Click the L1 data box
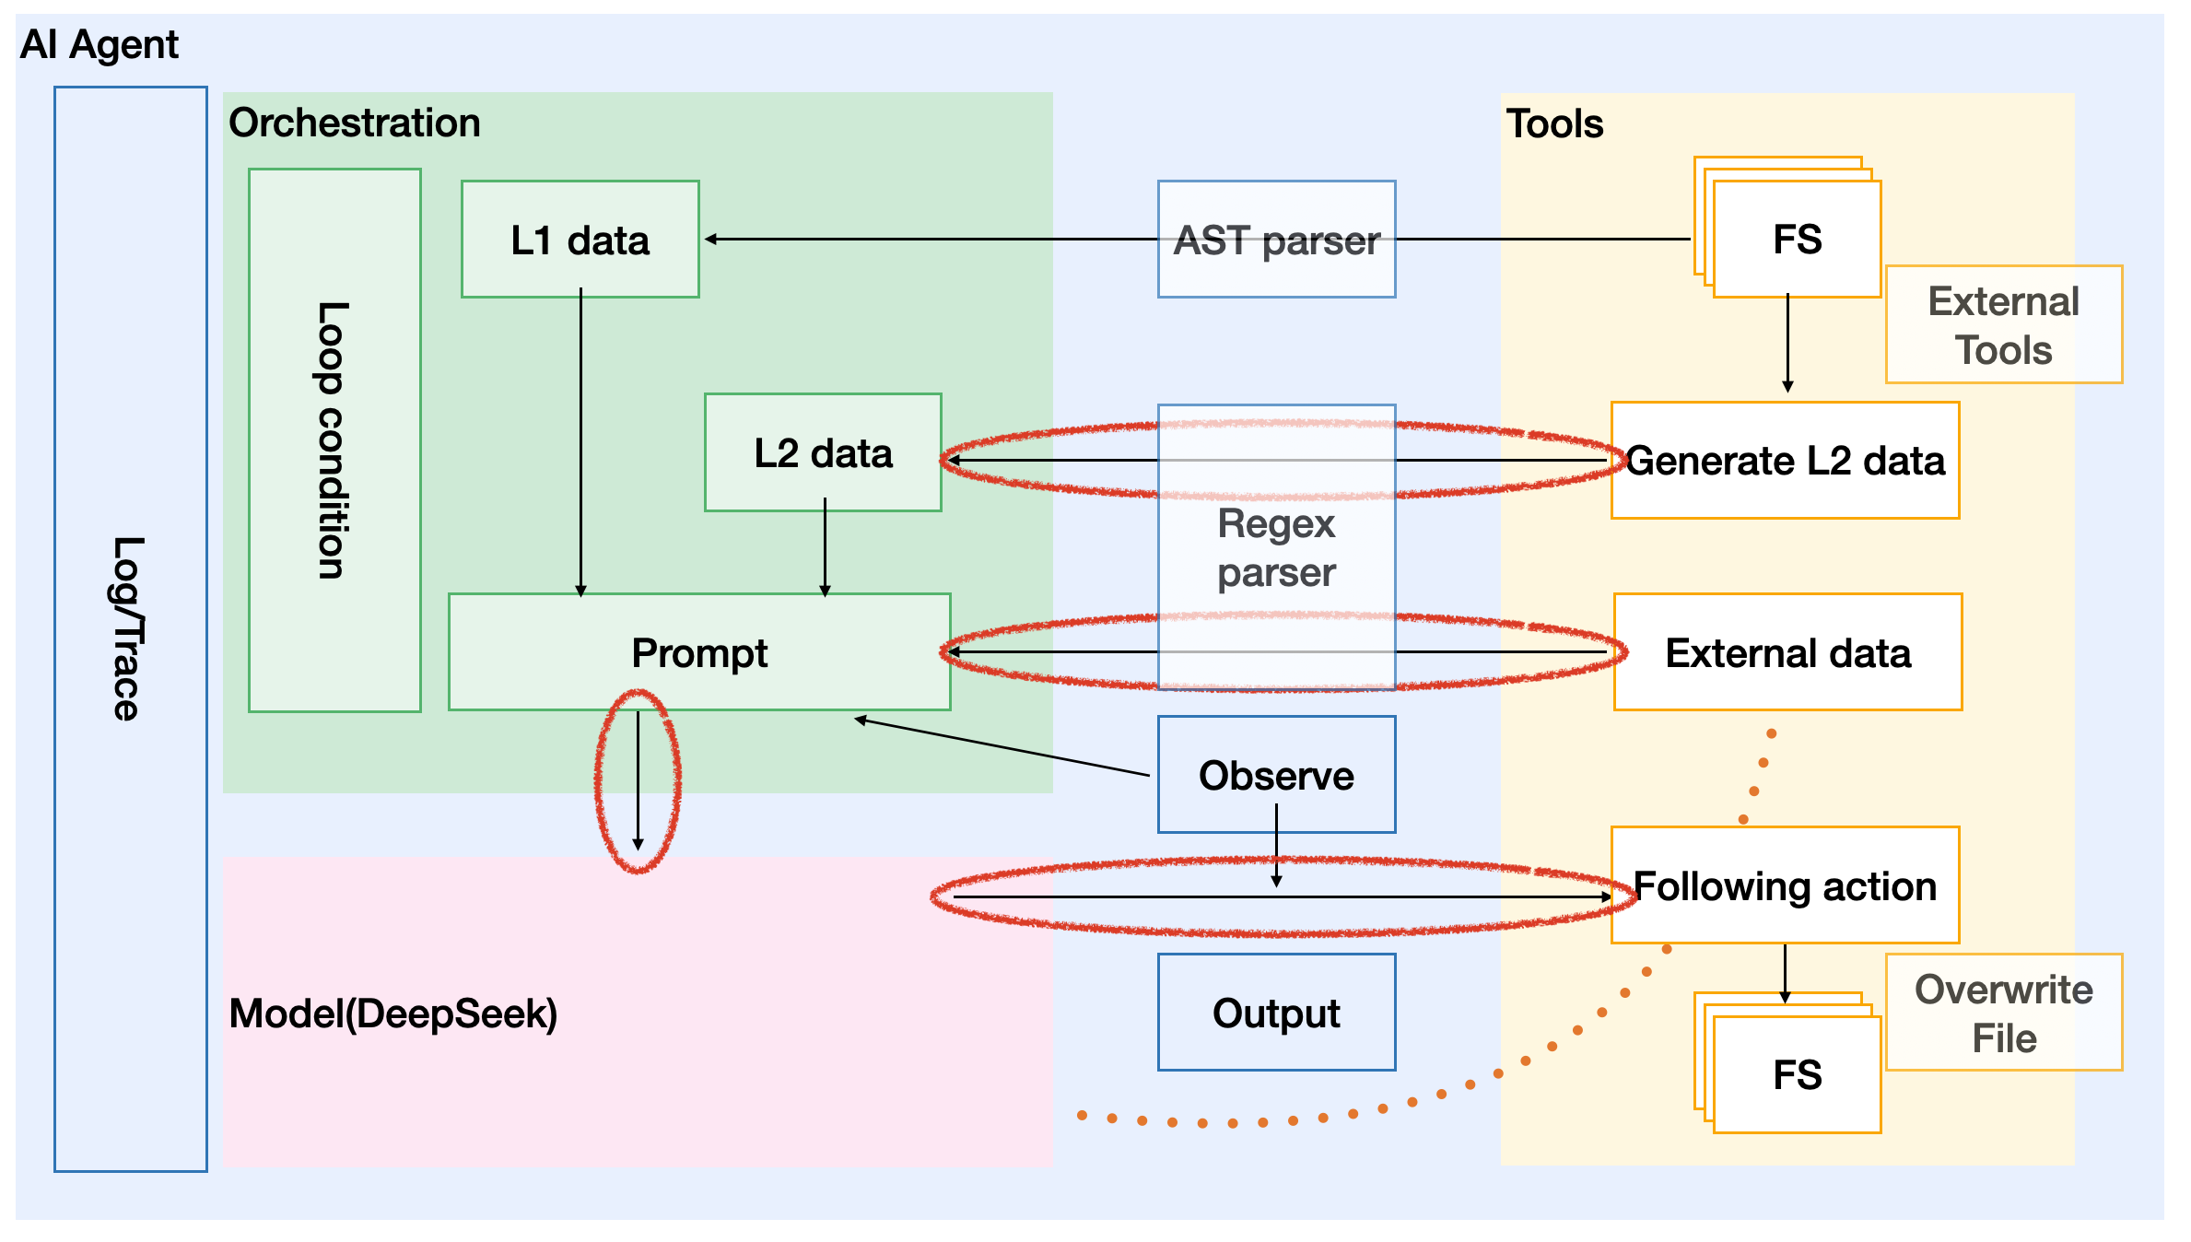580,240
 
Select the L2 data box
823,452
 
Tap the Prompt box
699,652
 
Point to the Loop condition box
334,439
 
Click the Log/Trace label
128,628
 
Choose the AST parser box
1276,240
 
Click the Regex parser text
1276,548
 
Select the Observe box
1276,775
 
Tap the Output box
1276,1013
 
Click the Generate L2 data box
1785,461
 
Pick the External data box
1787,652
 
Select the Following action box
1785,885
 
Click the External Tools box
2004,324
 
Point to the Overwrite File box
2004,1013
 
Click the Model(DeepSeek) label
393,1014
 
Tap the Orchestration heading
355,123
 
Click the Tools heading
1554,123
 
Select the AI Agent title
100,44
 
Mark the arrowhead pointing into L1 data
710,240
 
